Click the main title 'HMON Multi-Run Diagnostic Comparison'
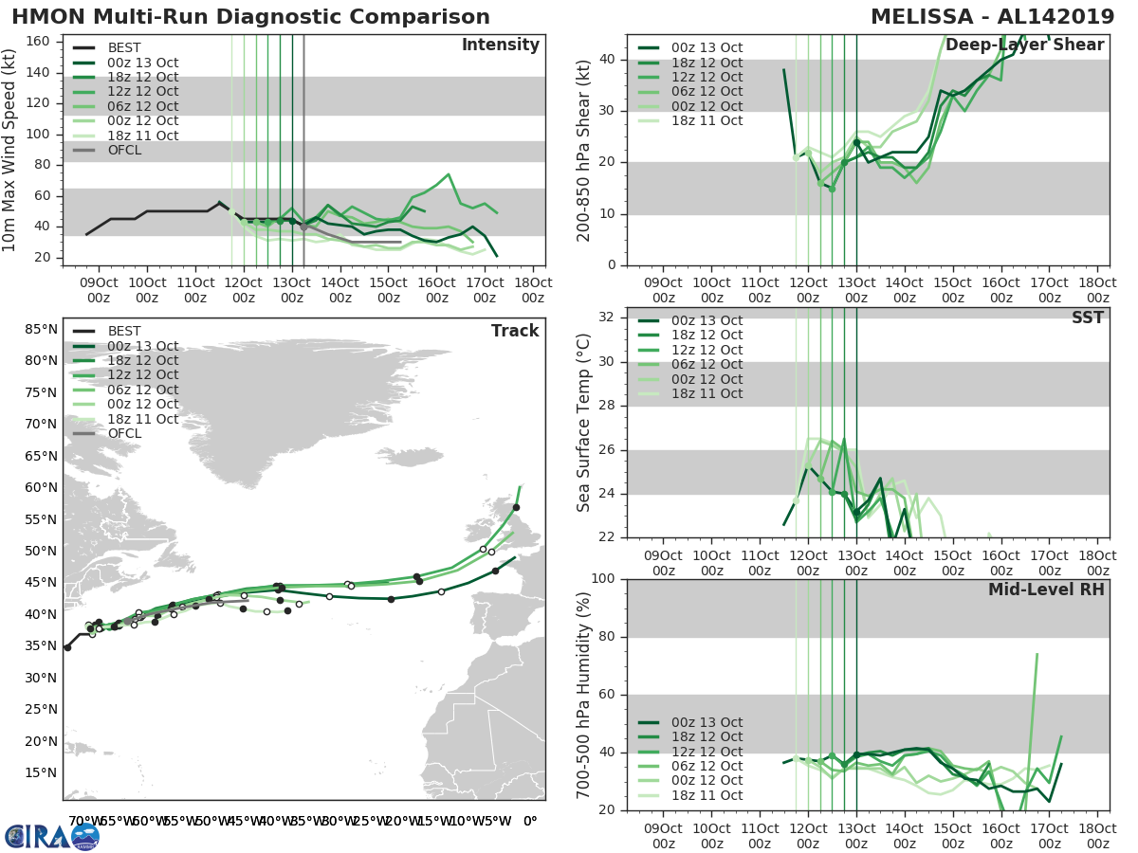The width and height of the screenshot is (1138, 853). pos(250,17)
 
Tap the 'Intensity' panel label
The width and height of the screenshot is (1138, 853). pos(500,45)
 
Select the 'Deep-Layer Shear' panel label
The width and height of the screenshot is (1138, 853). pos(1024,45)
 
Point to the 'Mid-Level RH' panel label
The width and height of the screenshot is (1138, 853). pos(1046,590)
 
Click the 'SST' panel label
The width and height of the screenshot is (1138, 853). pos(1088,318)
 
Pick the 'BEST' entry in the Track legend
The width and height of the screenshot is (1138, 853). pos(124,331)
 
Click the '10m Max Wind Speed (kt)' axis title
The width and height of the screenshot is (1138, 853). pos(11,150)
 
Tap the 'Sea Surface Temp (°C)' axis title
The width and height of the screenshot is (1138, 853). pos(584,422)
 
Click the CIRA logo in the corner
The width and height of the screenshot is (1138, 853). pos(52,836)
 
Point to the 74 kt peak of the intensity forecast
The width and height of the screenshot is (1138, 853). pos(449,174)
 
